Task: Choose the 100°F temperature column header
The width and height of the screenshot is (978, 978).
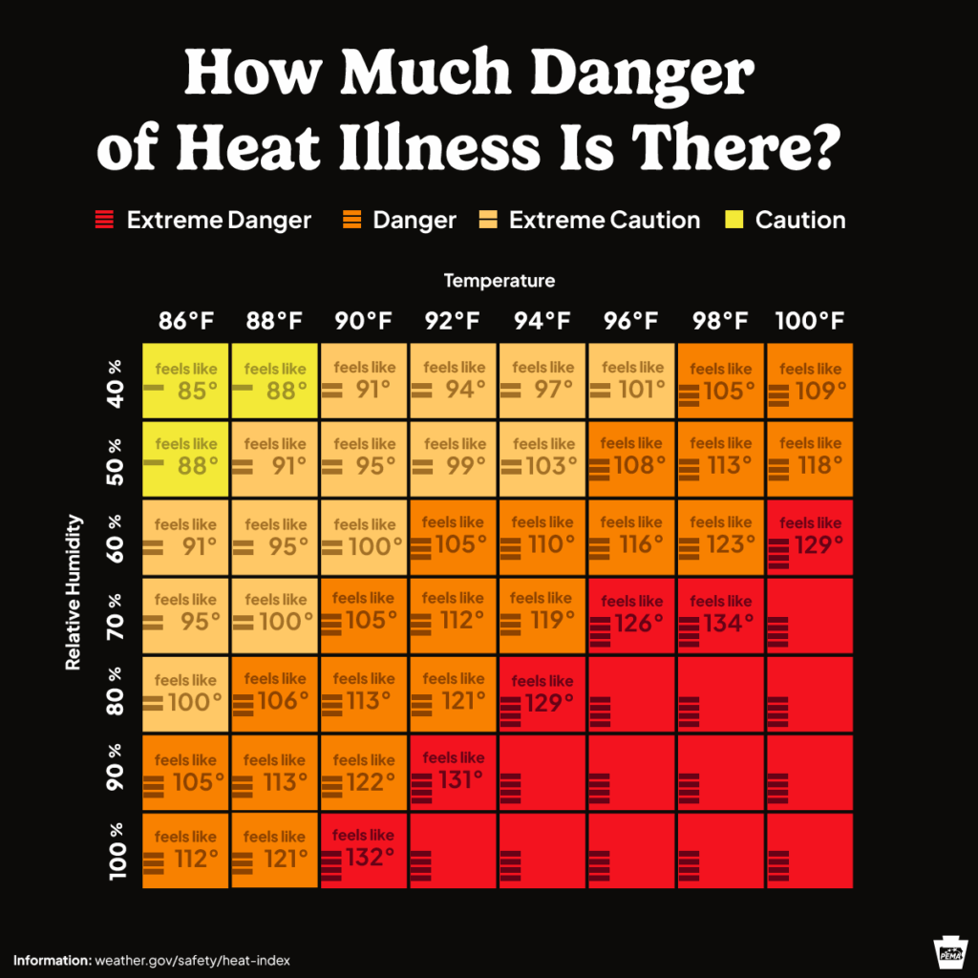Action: tap(810, 321)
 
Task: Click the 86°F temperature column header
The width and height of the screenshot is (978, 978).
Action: tap(185, 321)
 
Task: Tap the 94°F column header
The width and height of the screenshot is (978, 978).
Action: tap(542, 321)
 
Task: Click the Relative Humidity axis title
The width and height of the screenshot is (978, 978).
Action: tap(74, 592)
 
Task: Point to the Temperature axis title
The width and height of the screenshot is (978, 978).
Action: tap(499, 281)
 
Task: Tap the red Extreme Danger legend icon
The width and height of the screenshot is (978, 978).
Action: tap(104, 221)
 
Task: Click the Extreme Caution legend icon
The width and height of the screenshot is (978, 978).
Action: tap(488, 221)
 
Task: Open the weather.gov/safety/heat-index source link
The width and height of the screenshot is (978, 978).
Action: tap(192, 959)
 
